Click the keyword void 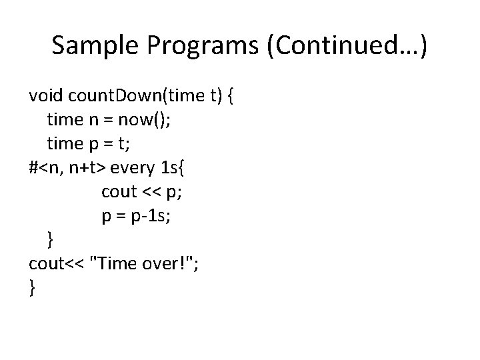[x=47, y=97]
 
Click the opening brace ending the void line [x=230, y=97]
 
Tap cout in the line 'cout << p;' [x=118, y=191]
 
